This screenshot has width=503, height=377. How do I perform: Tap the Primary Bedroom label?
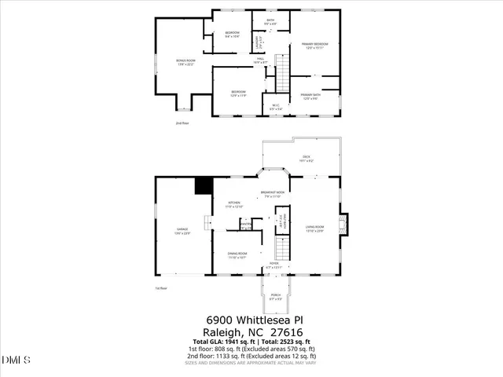(315, 46)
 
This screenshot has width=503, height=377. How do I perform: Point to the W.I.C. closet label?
(275, 107)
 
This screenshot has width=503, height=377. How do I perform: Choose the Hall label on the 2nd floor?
(260, 60)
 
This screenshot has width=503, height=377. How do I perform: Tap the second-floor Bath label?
(270, 22)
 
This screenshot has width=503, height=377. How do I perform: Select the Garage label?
(182, 230)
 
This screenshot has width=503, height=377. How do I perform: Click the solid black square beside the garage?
(204, 185)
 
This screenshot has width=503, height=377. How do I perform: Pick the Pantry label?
(246, 225)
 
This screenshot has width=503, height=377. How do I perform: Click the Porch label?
(276, 298)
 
